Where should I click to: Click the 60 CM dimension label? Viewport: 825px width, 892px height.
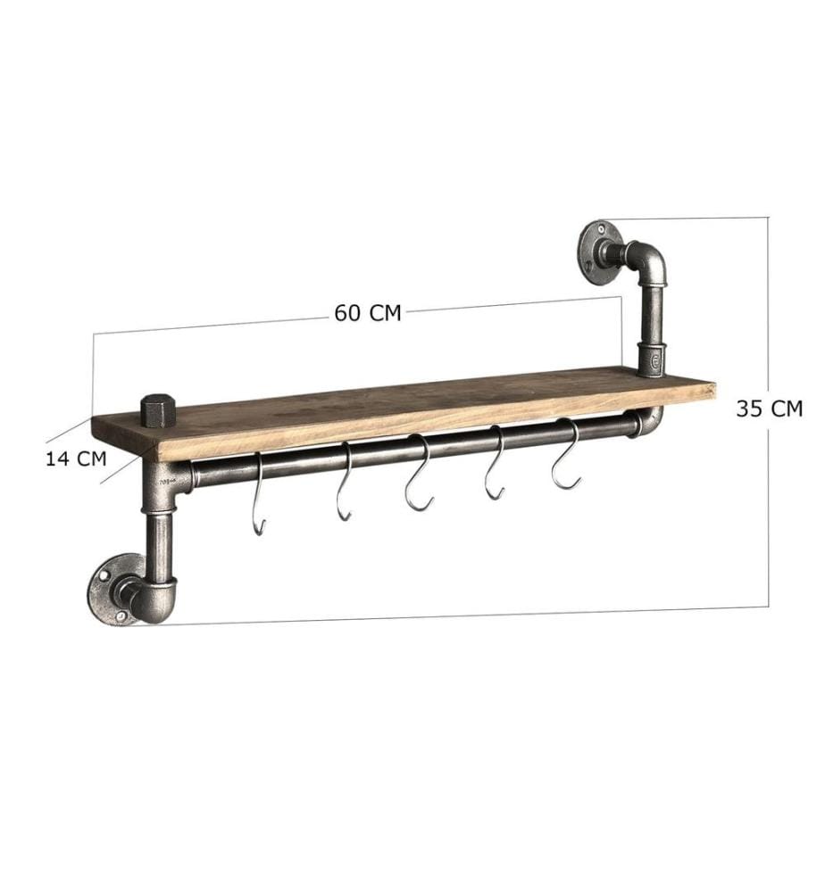click(x=367, y=313)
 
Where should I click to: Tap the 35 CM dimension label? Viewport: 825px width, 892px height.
click(x=770, y=409)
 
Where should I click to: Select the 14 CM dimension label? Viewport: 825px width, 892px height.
click(x=76, y=458)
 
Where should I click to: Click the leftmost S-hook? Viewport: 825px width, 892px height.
click(x=259, y=492)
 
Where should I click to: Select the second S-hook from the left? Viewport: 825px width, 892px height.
click(x=344, y=482)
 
